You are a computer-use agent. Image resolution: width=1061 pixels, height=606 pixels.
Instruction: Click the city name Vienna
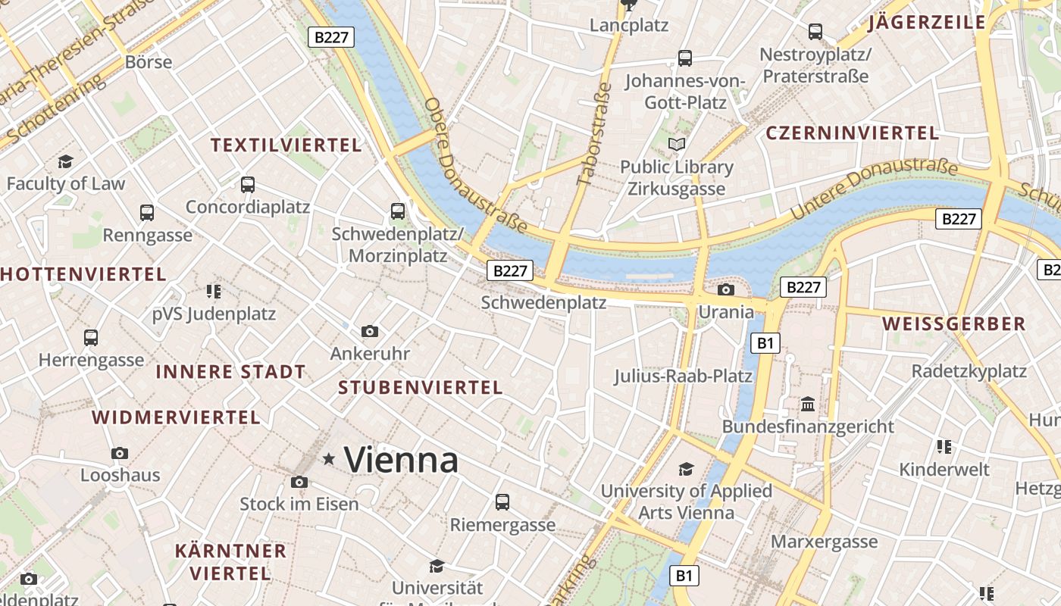click(401, 460)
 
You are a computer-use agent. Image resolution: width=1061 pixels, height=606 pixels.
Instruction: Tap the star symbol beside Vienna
click(329, 459)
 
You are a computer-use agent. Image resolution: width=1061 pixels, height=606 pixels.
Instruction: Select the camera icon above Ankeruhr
click(370, 331)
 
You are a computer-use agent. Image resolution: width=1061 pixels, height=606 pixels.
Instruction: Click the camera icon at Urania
click(726, 289)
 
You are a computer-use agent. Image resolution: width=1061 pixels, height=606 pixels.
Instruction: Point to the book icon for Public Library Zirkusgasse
click(676, 144)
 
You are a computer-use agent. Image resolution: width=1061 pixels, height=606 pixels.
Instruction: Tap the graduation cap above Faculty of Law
click(65, 161)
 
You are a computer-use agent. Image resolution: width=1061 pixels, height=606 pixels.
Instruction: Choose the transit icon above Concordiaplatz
click(247, 184)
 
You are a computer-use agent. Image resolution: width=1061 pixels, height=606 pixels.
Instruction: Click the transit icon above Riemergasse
click(502, 501)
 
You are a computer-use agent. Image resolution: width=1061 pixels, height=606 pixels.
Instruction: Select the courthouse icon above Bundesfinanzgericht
click(808, 404)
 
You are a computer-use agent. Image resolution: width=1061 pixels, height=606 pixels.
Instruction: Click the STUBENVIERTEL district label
click(421, 388)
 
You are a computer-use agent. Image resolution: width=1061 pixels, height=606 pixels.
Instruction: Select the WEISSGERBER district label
click(953, 324)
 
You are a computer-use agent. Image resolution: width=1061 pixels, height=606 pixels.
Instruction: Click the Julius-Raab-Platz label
click(683, 376)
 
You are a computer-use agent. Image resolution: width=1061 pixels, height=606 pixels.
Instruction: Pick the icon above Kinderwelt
click(944, 447)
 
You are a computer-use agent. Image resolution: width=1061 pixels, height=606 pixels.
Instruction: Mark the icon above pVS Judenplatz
click(213, 291)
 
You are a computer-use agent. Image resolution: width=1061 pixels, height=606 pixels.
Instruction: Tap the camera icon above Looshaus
click(120, 453)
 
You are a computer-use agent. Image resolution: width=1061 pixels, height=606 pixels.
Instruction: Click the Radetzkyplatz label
click(969, 371)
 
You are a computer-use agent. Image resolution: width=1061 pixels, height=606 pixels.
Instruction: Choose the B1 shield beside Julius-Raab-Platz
click(765, 343)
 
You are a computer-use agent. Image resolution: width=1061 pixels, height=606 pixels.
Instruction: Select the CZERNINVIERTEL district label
click(852, 133)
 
